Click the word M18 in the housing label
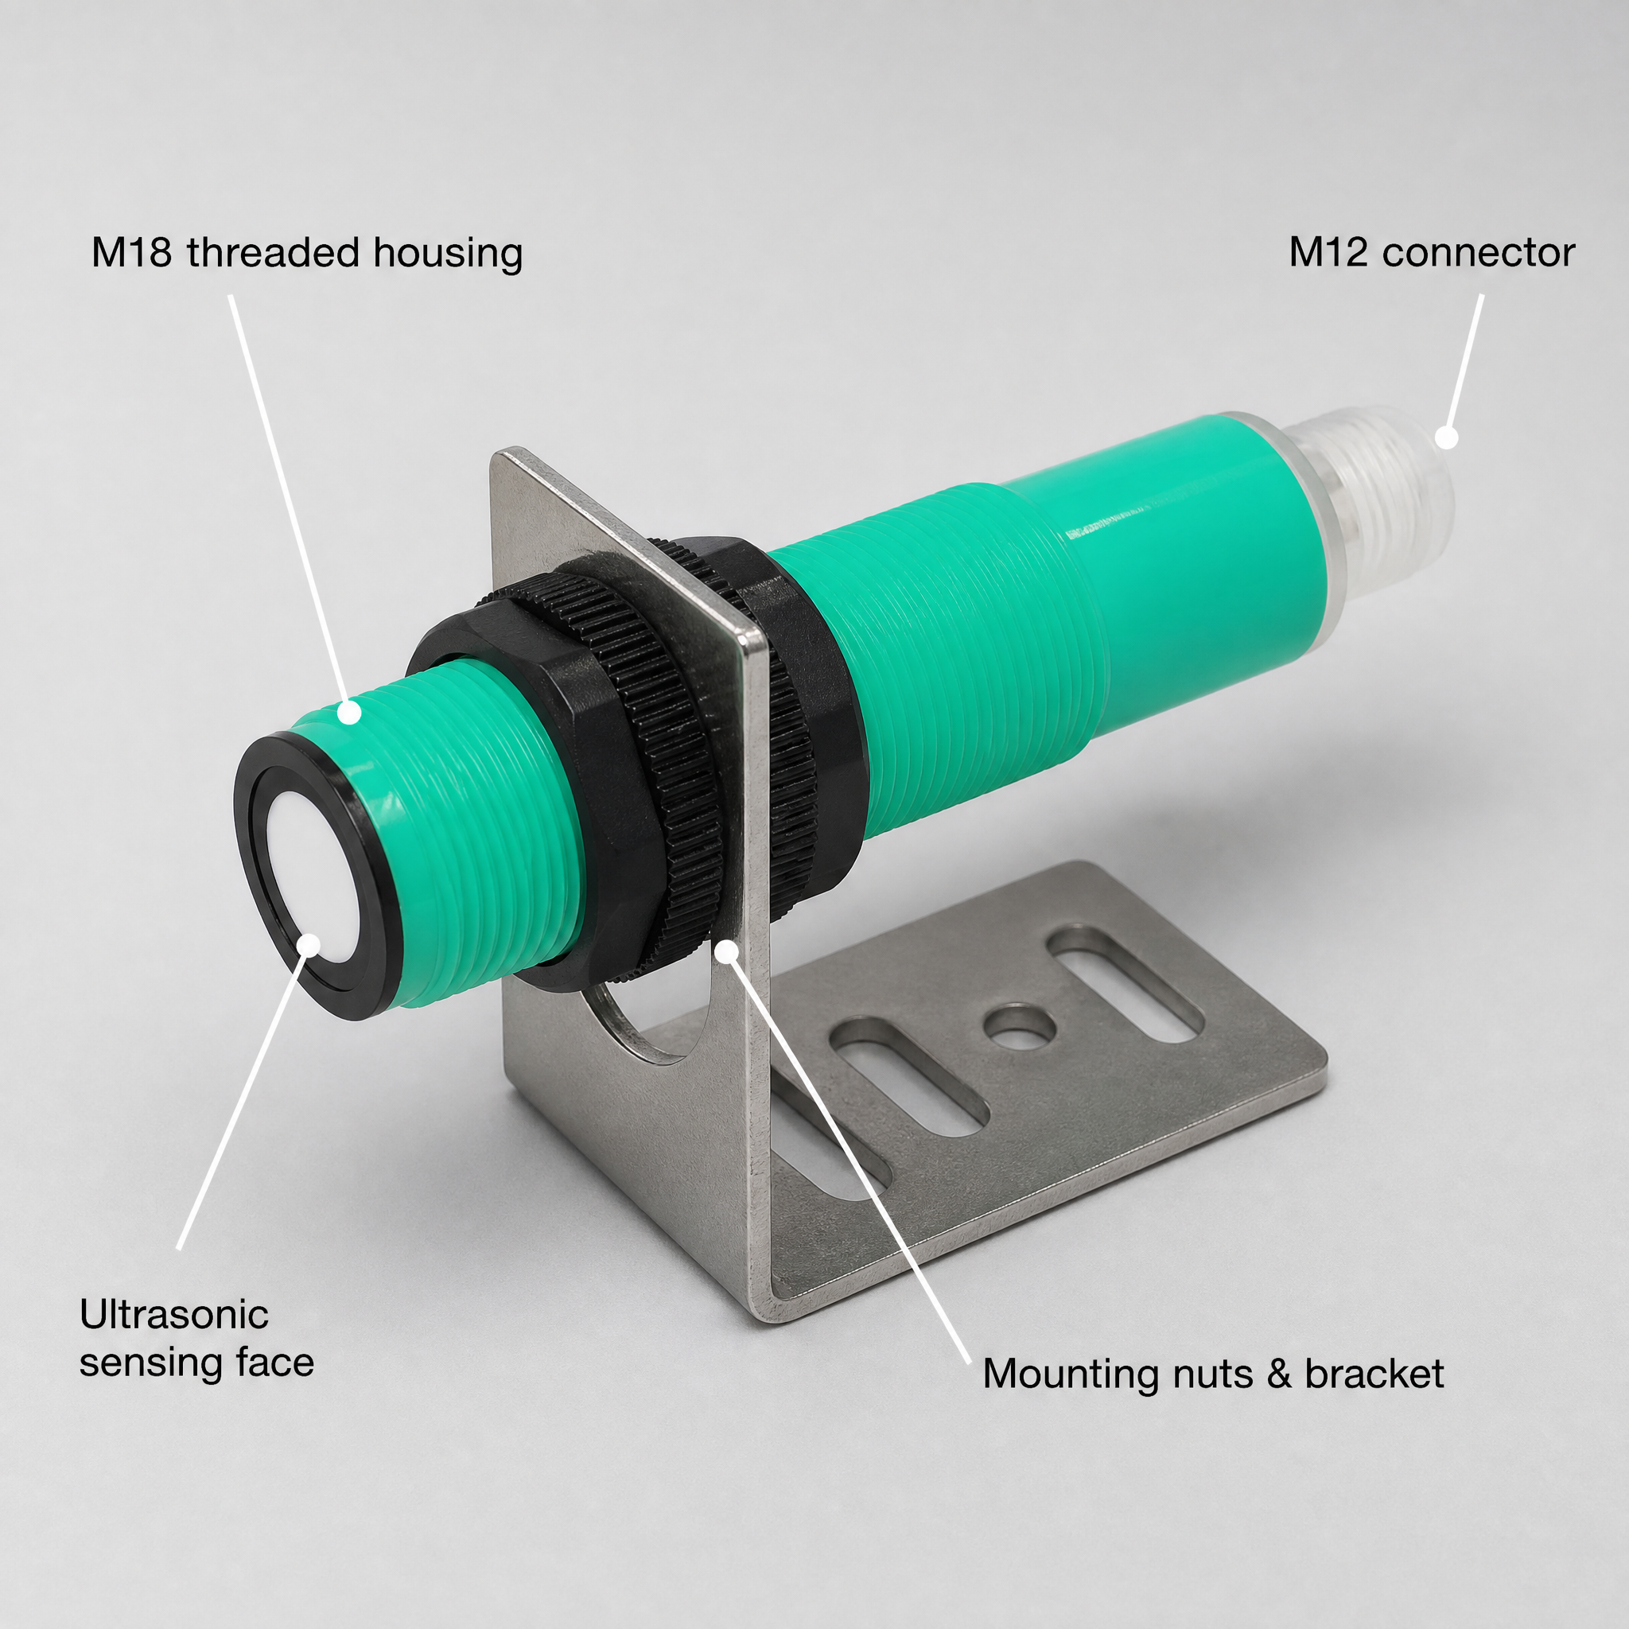click(x=131, y=253)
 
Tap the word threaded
click(x=274, y=252)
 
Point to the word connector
click(x=1479, y=254)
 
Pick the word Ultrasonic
click(x=173, y=1315)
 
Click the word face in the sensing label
click(x=274, y=1362)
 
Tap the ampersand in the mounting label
click(x=1279, y=1374)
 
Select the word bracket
click(x=1374, y=1374)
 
